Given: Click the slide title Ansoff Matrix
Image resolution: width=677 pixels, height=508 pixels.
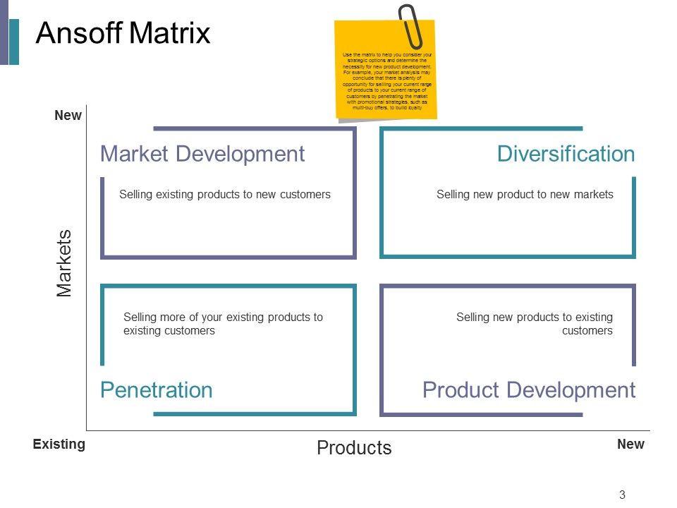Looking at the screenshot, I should click(123, 34).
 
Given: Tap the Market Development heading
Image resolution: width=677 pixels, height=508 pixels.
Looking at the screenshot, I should click(202, 154).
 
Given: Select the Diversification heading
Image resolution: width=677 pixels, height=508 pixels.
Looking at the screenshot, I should click(566, 154).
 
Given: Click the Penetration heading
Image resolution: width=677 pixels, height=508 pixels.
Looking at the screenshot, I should click(156, 389).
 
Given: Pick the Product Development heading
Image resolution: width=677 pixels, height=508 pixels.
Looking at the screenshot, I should click(529, 389).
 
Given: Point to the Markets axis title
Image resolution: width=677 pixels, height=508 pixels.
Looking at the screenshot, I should click(65, 263).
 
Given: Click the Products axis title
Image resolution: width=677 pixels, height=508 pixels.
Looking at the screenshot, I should click(354, 447).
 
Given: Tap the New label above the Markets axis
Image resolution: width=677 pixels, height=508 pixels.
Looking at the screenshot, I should click(68, 116).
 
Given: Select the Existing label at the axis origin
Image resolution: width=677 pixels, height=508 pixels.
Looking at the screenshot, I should click(59, 445).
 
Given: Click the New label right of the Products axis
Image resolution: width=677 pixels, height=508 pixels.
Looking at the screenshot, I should click(630, 445).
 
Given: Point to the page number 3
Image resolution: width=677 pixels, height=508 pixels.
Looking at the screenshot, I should click(622, 495).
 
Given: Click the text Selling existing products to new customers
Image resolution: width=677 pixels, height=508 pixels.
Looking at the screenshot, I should click(225, 194).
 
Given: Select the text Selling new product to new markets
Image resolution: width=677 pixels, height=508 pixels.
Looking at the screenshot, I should click(525, 194).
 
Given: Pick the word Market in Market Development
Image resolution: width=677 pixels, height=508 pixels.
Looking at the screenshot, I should click(134, 154).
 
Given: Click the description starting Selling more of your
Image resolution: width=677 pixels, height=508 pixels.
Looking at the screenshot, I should click(223, 324).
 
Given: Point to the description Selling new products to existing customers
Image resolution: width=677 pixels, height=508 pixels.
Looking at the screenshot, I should click(535, 324).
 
